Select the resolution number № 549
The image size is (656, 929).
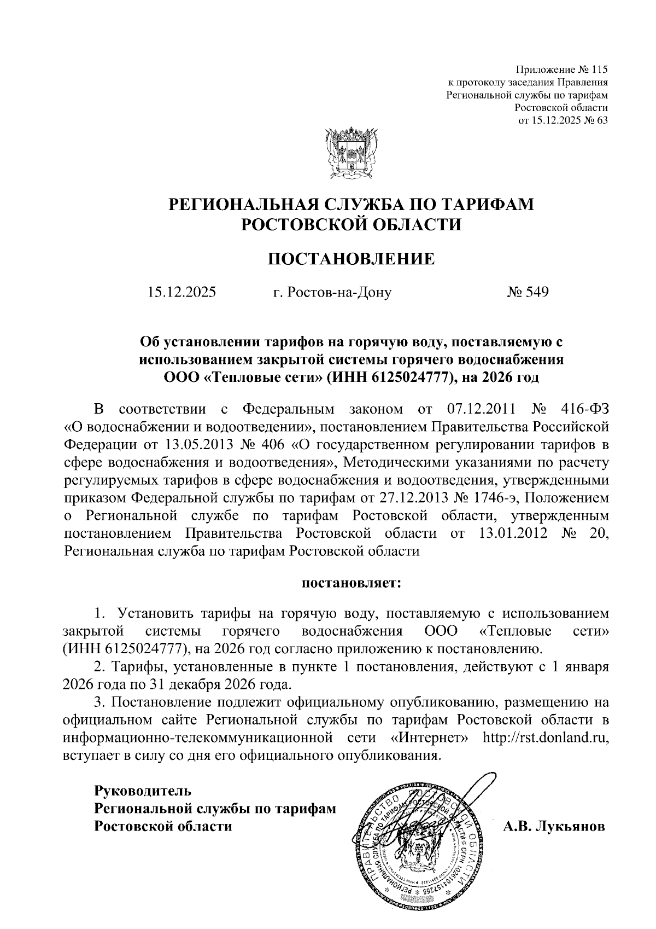[528, 292]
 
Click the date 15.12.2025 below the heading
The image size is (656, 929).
[181, 292]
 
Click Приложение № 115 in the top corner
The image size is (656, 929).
[563, 70]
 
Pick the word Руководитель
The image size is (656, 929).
[143, 791]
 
